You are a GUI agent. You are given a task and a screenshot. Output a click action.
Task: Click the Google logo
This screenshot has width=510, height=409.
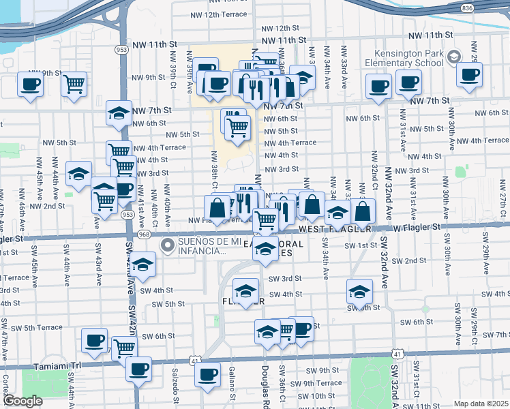pyautogui.click(x=22, y=400)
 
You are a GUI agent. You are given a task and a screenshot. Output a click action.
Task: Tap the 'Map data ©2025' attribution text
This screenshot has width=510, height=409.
pyautogui.click(x=481, y=404)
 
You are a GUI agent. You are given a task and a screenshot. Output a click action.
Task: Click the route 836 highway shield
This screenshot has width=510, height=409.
pyautogui.click(x=485, y=7)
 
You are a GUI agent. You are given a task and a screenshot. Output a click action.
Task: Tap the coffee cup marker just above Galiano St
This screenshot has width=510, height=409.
pyautogui.click(x=207, y=374)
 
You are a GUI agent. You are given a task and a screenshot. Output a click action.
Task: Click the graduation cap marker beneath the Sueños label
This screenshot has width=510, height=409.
pyautogui.click(x=142, y=265)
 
